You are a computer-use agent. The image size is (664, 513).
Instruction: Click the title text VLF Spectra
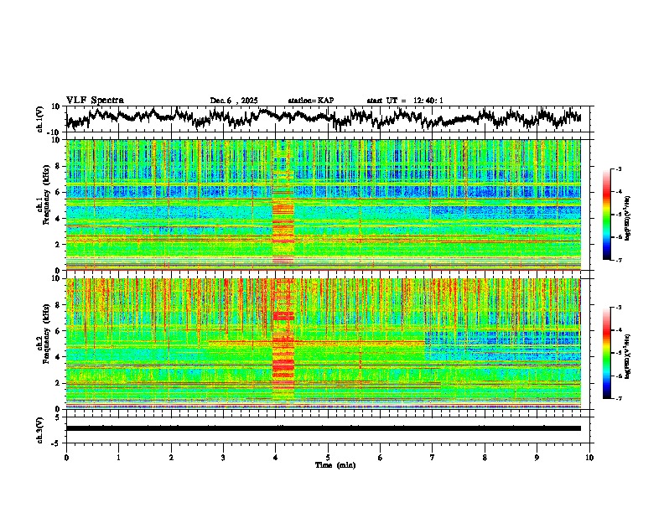[95, 100]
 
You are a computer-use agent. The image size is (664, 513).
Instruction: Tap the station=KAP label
[310, 101]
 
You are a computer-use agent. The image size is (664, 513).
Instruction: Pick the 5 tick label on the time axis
[328, 457]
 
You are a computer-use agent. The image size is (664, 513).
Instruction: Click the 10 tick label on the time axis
[589, 457]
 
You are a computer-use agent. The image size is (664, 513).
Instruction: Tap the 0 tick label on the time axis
[66, 457]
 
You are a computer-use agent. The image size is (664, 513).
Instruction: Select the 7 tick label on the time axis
[433, 457]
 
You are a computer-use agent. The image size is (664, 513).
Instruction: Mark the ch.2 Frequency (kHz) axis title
[43, 343]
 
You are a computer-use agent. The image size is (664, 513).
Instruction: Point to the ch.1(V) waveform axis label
[41, 119]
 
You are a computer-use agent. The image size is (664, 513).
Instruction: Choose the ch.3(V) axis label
[41, 428]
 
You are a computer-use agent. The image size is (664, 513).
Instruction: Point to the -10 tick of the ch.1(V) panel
[53, 132]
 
